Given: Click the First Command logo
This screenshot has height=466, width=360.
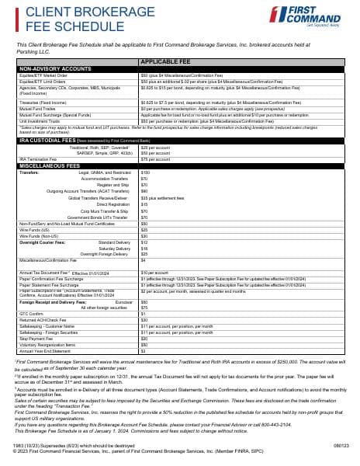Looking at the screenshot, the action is tap(320, 15).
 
